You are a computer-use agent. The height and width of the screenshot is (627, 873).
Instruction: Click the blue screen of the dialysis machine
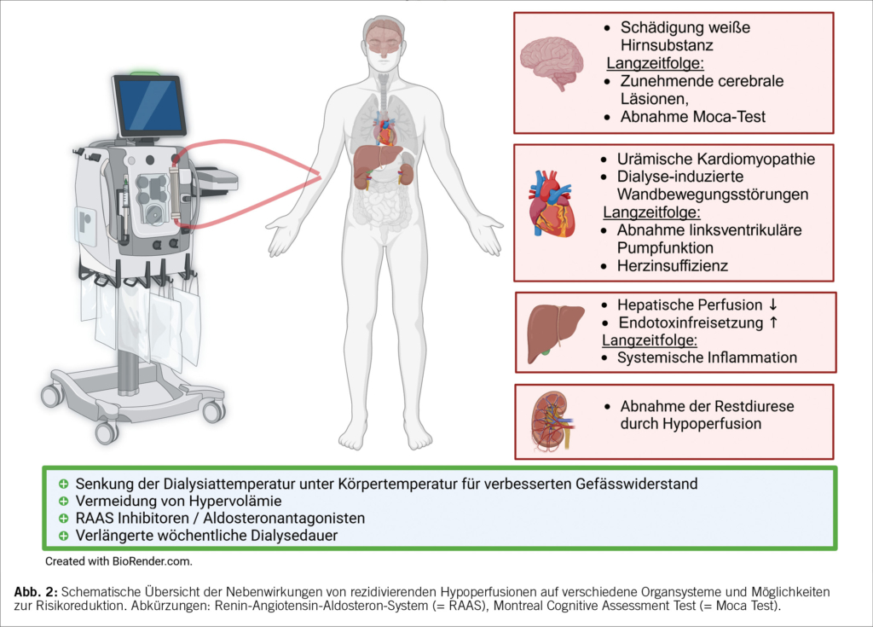150,106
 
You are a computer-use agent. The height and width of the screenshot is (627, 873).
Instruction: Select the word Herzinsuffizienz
674,265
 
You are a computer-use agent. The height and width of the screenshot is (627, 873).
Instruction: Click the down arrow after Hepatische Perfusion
773,305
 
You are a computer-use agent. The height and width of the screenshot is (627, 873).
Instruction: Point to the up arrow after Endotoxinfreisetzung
771,322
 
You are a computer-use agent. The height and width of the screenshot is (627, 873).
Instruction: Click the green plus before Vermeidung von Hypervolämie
64,501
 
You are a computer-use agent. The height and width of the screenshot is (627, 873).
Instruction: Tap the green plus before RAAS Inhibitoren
64,518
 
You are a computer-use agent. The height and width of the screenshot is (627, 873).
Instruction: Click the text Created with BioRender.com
119,561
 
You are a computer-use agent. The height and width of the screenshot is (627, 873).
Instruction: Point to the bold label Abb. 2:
37,590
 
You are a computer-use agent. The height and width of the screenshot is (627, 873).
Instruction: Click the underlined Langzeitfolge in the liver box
650,340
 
